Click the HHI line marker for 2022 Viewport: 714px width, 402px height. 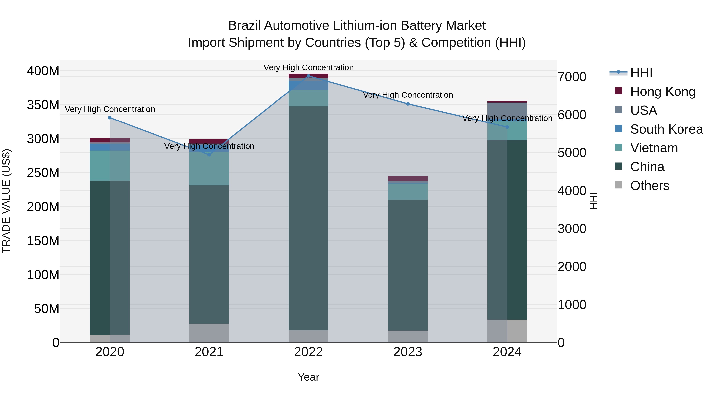[308, 76]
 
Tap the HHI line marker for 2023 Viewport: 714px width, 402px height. [408, 104]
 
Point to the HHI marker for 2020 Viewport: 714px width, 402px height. [110, 118]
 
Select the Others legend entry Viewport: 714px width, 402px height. [649, 186]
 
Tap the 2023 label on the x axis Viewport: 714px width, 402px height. [408, 352]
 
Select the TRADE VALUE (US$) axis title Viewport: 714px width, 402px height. [6, 201]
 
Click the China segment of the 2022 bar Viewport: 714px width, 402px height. [308, 218]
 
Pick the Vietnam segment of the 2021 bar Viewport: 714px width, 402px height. [209, 168]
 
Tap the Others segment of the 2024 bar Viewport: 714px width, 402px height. [507, 331]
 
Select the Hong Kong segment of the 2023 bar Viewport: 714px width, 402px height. [408, 178]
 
